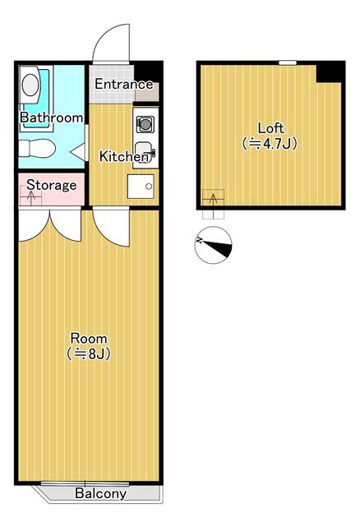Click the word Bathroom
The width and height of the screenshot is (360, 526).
coord(51,118)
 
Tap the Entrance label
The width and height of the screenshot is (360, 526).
coord(123,85)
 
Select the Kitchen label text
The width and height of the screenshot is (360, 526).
coord(123,156)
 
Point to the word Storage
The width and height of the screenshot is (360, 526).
coord(51,185)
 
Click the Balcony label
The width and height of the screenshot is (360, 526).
coord(100,494)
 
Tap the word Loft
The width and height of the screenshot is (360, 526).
coord(270,128)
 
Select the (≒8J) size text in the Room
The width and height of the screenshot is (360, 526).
coord(88,354)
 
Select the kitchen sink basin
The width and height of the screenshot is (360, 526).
coord(143,153)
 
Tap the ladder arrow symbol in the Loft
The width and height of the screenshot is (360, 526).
coord(214,200)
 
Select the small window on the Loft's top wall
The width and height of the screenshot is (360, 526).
coord(287,62)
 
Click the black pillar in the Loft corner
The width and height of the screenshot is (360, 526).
coord(329,72)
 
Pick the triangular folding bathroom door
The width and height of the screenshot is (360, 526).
coord(78,151)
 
